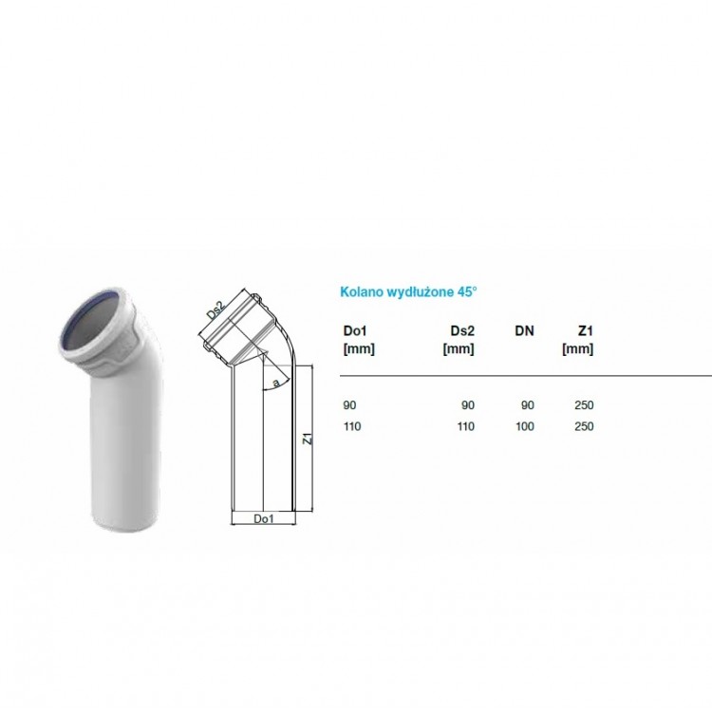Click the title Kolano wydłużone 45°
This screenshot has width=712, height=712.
click(408, 291)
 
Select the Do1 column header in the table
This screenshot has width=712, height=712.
click(355, 331)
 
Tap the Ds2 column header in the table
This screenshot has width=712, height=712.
click(462, 331)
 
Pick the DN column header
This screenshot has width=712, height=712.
click(524, 331)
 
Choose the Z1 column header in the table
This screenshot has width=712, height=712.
click(586, 331)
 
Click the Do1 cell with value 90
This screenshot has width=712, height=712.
click(349, 405)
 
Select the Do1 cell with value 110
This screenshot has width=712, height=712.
click(352, 426)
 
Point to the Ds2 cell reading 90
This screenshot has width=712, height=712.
click(468, 405)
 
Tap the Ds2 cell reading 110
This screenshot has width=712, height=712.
click(466, 426)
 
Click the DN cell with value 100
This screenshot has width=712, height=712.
click(525, 426)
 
